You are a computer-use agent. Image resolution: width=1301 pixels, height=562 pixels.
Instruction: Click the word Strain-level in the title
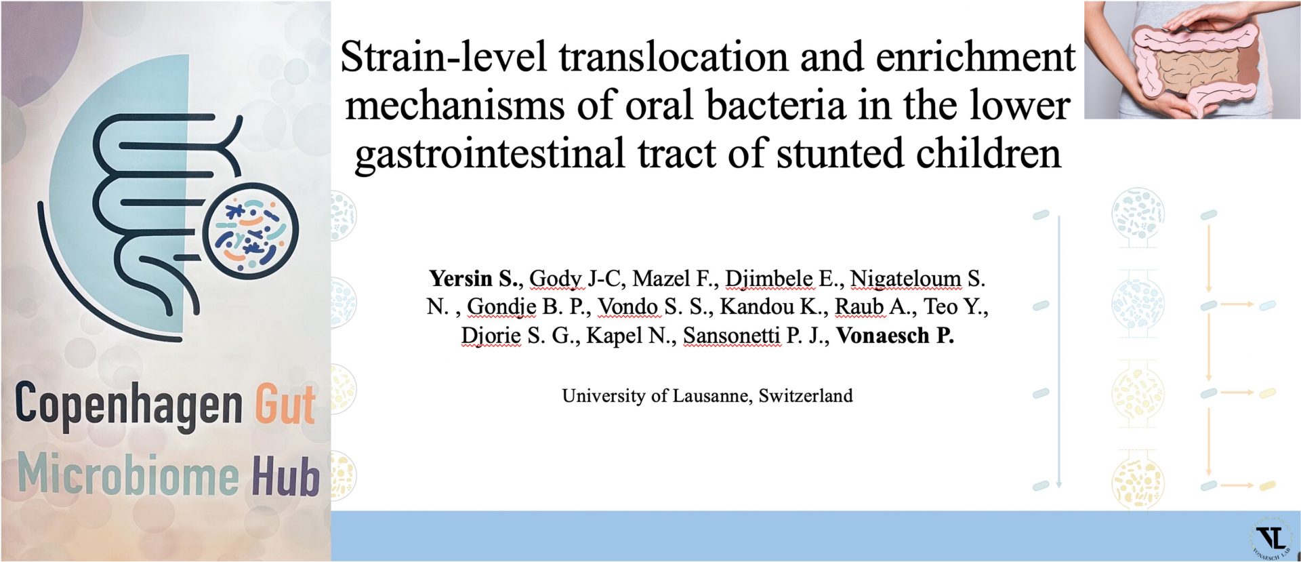(x=443, y=56)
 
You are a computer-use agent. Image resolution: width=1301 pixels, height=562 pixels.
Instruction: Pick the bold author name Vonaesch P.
(x=895, y=336)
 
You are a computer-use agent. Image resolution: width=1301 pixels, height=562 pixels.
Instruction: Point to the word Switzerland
(x=806, y=396)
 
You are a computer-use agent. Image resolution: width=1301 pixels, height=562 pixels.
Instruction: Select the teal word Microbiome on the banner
(x=128, y=474)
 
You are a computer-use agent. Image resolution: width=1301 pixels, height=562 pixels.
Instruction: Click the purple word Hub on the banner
(x=285, y=475)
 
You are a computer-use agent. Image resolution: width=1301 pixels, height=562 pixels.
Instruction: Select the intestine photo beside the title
(x=1192, y=60)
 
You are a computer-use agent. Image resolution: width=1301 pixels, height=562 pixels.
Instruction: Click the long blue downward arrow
(x=1058, y=352)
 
